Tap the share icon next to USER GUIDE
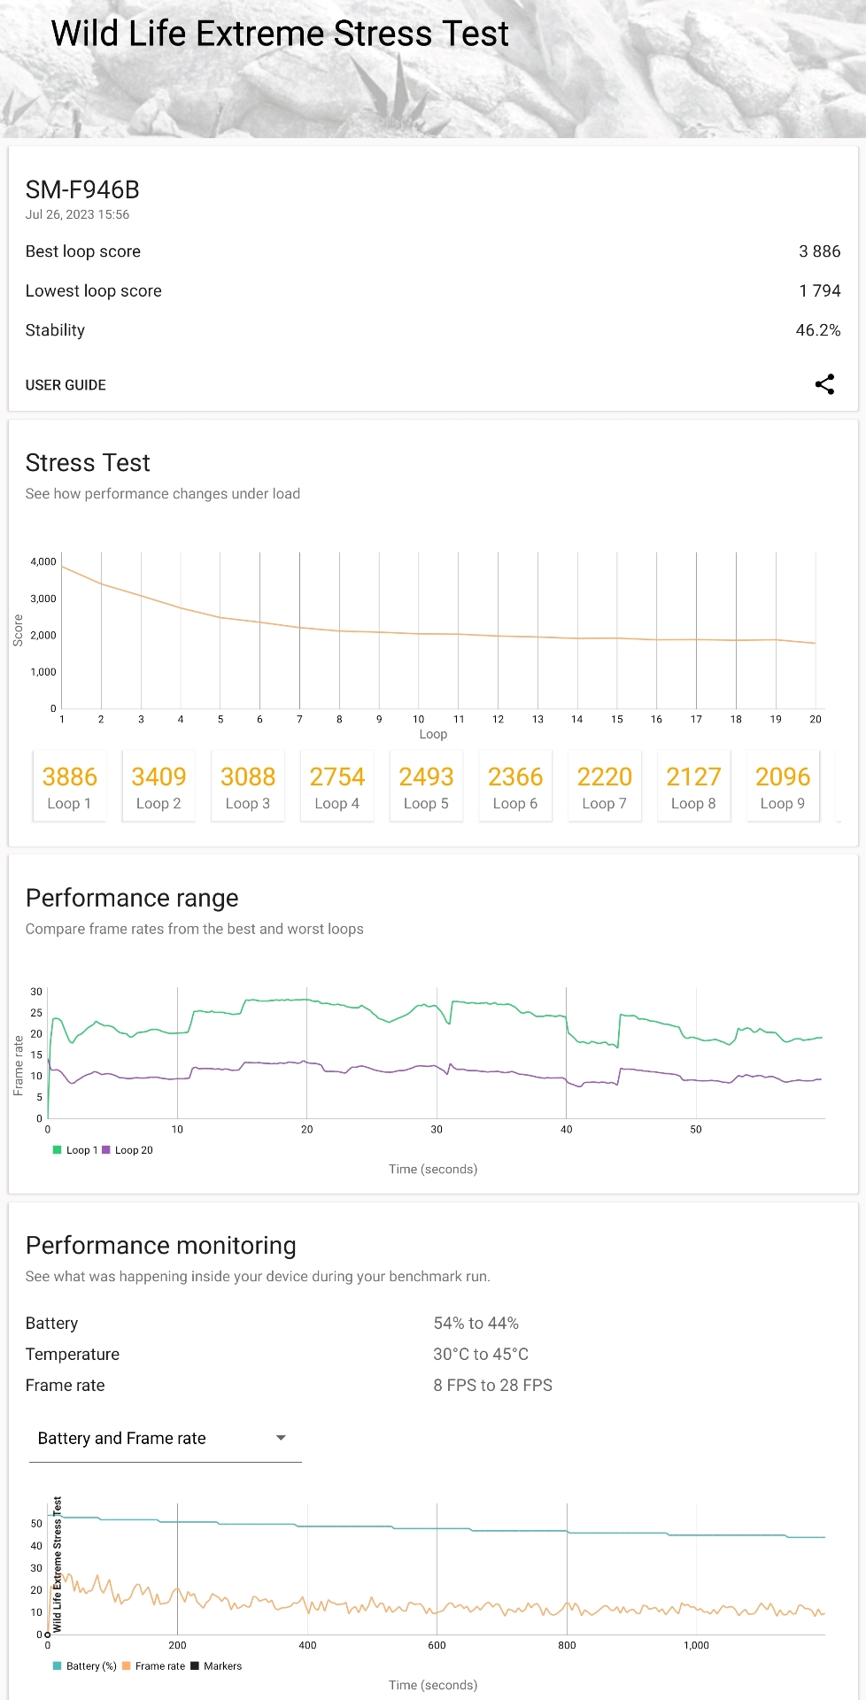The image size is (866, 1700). (x=824, y=384)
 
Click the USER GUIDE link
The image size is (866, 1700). (x=66, y=385)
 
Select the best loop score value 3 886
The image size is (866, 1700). (x=819, y=251)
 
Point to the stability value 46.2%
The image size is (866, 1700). (x=817, y=330)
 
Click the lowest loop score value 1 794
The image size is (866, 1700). (x=819, y=291)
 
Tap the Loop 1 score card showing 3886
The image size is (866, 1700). (x=69, y=786)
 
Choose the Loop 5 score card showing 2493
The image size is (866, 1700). (x=426, y=786)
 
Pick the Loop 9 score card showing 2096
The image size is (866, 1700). (x=783, y=786)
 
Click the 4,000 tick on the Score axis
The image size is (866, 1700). (x=43, y=561)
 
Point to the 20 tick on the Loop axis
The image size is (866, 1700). (x=816, y=719)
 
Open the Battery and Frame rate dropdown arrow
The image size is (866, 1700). (x=281, y=1438)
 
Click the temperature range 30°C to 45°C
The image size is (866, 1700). (x=481, y=1355)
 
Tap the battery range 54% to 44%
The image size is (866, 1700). (x=476, y=1324)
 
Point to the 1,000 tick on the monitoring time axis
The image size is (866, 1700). (x=696, y=1645)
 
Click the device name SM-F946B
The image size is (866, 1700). (x=82, y=189)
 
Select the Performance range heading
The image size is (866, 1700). (x=132, y=898)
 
